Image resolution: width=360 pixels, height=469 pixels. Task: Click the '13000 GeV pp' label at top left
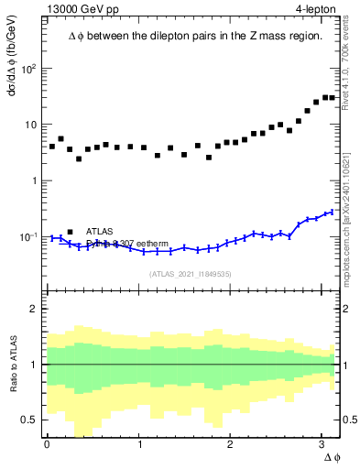click(x=83, y=8)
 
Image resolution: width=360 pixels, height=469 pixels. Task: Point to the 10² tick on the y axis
click(x=30, y=70)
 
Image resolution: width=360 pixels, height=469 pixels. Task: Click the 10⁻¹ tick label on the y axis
click(x=29, y=236)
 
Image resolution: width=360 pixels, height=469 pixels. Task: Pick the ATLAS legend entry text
click(x=100, y=232)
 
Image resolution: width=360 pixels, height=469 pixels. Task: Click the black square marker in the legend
click(x=70, y=232)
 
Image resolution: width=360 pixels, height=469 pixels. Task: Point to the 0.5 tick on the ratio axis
click(x=31, y=420)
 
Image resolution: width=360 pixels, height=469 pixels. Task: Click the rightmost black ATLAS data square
click(x=332, y=97)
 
